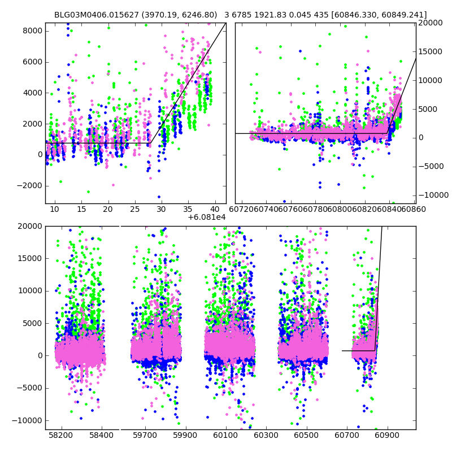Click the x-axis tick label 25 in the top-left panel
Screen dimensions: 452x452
click(134, 210)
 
